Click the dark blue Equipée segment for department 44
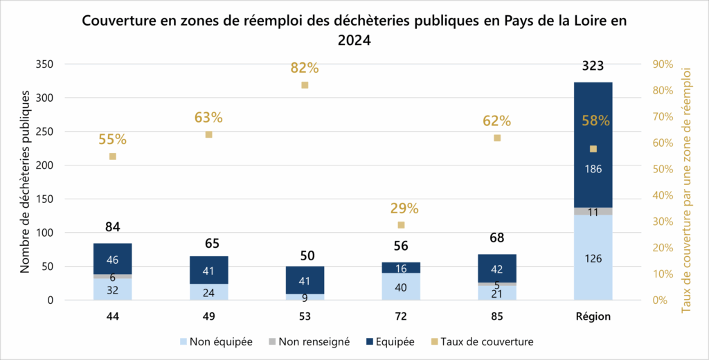tap(112, 259)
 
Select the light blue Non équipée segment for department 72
tap(401, 287)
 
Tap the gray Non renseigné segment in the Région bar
tap(593, 211)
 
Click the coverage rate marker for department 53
tap(305, 85)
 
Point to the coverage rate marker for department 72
tap(401, 225)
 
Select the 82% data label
tap(305, 68)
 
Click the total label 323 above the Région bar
tap(593, 66)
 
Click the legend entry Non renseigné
tap(312, 341)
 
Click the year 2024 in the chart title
tap(354, 41)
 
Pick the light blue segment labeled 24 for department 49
tap(208, 292)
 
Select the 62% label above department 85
tap(496, 121)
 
